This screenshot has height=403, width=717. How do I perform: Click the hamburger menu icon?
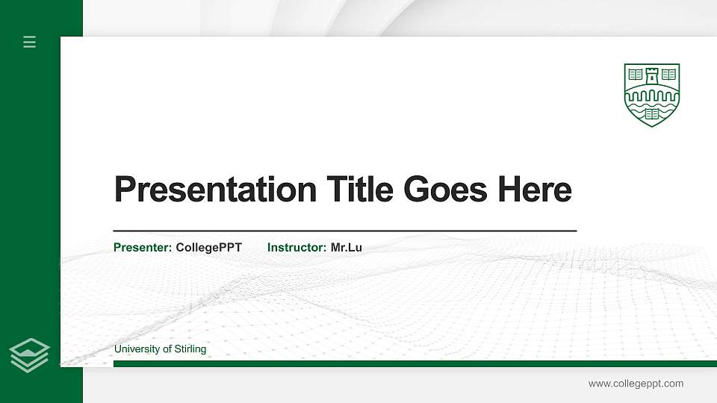[30, 42]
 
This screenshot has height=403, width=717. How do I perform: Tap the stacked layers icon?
[30, 354]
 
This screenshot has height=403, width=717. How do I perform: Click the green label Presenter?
[143, 247]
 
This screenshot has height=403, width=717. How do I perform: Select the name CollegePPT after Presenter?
[208, 247]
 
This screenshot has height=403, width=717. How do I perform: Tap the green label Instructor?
[297, 247]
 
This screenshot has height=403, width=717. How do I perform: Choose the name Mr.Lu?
[347, 247]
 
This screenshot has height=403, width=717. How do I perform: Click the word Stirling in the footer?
[190, 349]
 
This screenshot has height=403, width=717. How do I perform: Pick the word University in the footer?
[136, 349]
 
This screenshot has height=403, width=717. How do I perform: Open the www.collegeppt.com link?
[636, 384]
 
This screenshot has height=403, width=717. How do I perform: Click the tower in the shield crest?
[652, 75]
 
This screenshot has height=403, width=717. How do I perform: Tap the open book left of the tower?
[636, 75]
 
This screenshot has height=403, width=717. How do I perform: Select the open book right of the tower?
[668, 75]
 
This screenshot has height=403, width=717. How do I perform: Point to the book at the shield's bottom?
[652, 114]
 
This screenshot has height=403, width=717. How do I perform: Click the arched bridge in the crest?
[652, 95]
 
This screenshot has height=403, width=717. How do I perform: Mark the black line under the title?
[344, 231]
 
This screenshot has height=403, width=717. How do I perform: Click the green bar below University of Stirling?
[415, 364]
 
